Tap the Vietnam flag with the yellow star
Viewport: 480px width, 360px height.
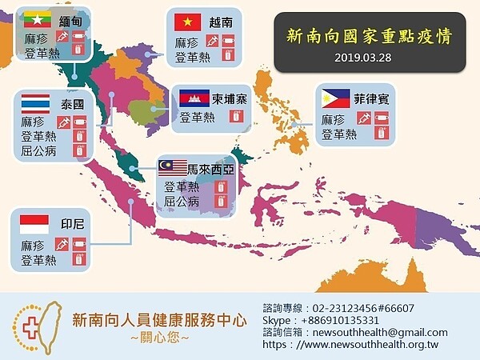(x=187, y=22)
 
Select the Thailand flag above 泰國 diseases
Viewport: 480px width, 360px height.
(x=35, y=103)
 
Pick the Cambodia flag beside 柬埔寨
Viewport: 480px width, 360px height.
(x=194, y=98)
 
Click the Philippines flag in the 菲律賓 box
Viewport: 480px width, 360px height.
(x=334, y=98)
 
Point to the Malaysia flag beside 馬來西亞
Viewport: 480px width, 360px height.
(x=172, y=167)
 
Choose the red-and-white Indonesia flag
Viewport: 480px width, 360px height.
(x=34, y=222)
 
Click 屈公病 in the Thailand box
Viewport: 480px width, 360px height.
(x=38, y=150)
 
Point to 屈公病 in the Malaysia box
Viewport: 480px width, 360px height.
(x=181, y=202)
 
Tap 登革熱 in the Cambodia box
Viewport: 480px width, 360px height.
(x=197, y=117)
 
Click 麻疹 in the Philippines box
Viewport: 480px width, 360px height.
(x=333, y=119)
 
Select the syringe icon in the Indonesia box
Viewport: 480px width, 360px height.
(x=60, y=243)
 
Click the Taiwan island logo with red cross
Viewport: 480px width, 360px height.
(x=34, y=323)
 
